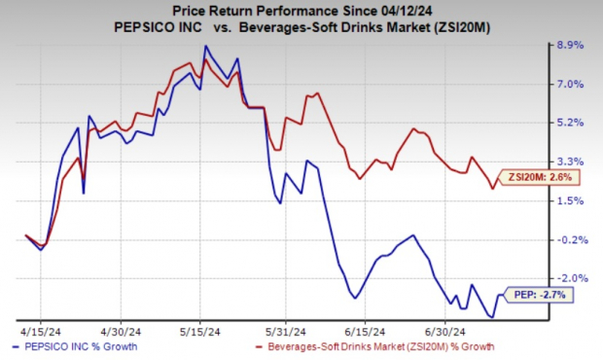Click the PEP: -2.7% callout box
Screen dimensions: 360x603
[538, 293]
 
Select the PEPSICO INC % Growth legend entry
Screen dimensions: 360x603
[76, 346]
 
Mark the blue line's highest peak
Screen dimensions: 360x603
[205, 46]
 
